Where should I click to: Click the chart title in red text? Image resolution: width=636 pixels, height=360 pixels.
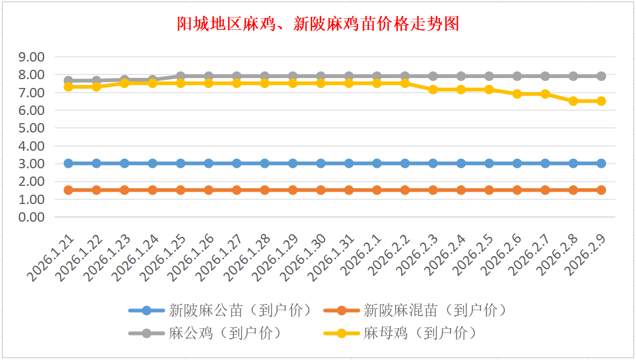pos(318,24)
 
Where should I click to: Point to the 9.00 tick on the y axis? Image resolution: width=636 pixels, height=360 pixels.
pos(32,57)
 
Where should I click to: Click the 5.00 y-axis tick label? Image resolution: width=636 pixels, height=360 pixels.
pos(32,128)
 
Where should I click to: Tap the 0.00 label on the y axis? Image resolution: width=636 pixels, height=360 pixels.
pos(32,217)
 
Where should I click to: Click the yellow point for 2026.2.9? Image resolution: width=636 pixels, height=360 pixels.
pos(601,101)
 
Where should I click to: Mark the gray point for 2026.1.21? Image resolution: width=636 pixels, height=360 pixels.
pos(69,80)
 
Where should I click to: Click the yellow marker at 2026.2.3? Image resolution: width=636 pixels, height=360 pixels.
pos(433,89)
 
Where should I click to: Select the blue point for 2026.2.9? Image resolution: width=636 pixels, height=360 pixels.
pos(601,163)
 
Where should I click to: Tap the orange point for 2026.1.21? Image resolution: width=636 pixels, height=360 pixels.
pos(69,190)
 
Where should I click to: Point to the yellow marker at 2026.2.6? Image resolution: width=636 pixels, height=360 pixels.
pos(517,94)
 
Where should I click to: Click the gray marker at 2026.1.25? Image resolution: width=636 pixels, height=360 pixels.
pos(181,76)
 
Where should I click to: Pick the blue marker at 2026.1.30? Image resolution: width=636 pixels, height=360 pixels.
pos(321,163)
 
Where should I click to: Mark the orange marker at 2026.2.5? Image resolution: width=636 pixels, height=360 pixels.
pos(489,190)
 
